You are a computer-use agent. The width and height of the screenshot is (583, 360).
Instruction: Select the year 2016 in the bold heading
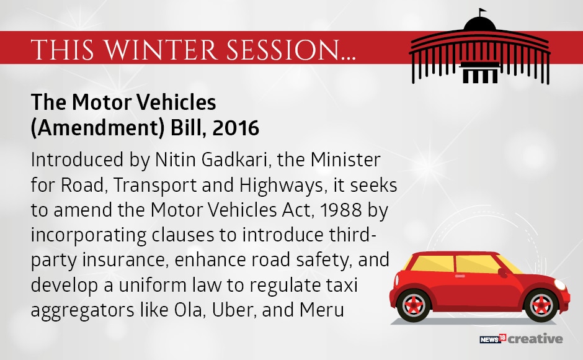coord(236,128)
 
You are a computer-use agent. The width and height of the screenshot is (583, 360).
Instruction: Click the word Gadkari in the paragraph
coord(235,160)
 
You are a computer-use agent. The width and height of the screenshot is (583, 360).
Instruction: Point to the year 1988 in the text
coord(340,210)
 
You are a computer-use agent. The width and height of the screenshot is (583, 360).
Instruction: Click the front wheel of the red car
coord(541,305)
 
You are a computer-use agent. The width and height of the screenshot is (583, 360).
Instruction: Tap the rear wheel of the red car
coord(414,305)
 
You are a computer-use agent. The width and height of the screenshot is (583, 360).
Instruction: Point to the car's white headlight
coord(560,285)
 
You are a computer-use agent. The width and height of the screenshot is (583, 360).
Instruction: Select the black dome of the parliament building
coord(479,24)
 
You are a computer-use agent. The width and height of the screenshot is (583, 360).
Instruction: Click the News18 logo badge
coord(493,339)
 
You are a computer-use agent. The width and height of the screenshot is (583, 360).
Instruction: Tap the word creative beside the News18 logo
coord(535,339)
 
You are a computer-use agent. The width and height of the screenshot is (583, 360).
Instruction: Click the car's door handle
coord(460,276)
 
